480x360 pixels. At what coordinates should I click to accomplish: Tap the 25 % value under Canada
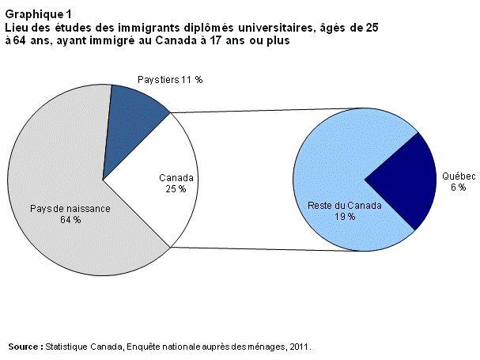click(176, 189)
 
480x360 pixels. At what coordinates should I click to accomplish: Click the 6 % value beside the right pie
click(458, 188)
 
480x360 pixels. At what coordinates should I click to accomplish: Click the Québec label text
click(459, 177)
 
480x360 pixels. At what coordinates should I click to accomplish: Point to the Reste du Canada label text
click(345, 206)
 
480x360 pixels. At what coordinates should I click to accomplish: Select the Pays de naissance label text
click(70, 208)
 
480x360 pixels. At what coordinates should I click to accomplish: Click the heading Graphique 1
click(37, 15)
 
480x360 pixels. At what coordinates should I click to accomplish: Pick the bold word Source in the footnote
click(25, 347)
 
